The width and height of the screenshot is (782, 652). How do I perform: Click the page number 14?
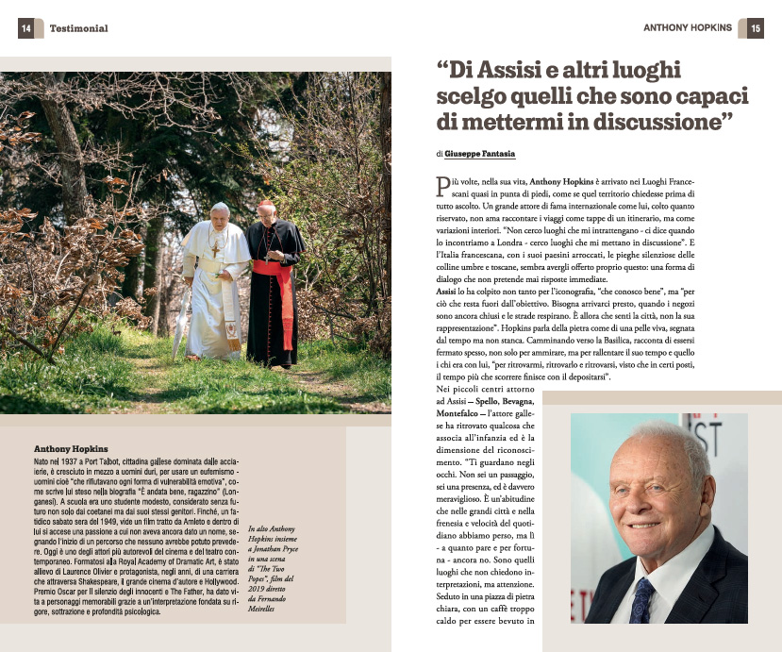[x=26, y=28]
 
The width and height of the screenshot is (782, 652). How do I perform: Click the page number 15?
[x=756, y=28]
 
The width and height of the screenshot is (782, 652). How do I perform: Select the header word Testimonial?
[x=78, y=28]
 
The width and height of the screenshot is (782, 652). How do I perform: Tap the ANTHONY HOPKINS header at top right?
[x=688, y=28]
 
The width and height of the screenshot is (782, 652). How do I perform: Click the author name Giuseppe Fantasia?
[x=480, y=153]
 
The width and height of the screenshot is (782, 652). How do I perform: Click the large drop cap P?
[x=442, y=186]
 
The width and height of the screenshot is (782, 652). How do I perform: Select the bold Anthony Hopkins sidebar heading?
[x=71, y=447]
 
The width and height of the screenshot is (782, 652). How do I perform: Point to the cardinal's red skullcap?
[x=265, y=203]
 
